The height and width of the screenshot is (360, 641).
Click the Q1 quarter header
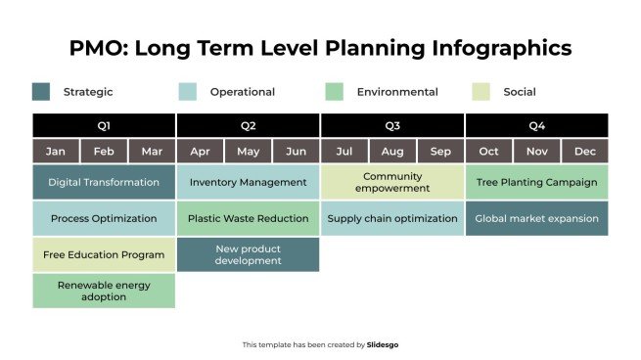click(x=104, y=125)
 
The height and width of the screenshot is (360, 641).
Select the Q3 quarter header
click(x=392, y=125)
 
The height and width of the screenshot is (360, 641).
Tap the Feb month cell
click(x=104, y=152)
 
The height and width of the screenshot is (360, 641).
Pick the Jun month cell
click(x=296, y=152)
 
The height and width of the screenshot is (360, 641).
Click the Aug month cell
click(x=392, y=152)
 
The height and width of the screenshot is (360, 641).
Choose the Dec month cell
click(x=585, y=152)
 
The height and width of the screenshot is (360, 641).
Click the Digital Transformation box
click(x=104, y=182)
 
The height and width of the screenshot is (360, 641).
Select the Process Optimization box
click(x=104, y=218)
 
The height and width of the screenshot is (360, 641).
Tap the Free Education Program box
click(x=104, y=254)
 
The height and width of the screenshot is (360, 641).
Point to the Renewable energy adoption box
click(x=104, y=291)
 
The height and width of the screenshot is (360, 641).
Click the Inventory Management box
click(x=248, y=182)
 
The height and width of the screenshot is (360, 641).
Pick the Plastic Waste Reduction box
click(x=248, y=218)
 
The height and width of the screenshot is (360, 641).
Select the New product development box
click(x=248, y=254)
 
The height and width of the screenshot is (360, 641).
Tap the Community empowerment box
click(x=392, y=182)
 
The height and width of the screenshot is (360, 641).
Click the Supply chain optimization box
click(x=392, y=218)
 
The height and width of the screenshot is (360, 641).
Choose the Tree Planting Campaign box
click(x=536, y=182)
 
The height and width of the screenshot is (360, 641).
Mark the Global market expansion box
click(x=536, y=218)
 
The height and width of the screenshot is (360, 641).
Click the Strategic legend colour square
click(x=41, y=92)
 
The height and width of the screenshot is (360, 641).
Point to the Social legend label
click(x=520, y=92)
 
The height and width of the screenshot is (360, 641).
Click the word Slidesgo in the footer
click(x=383, y=344)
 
